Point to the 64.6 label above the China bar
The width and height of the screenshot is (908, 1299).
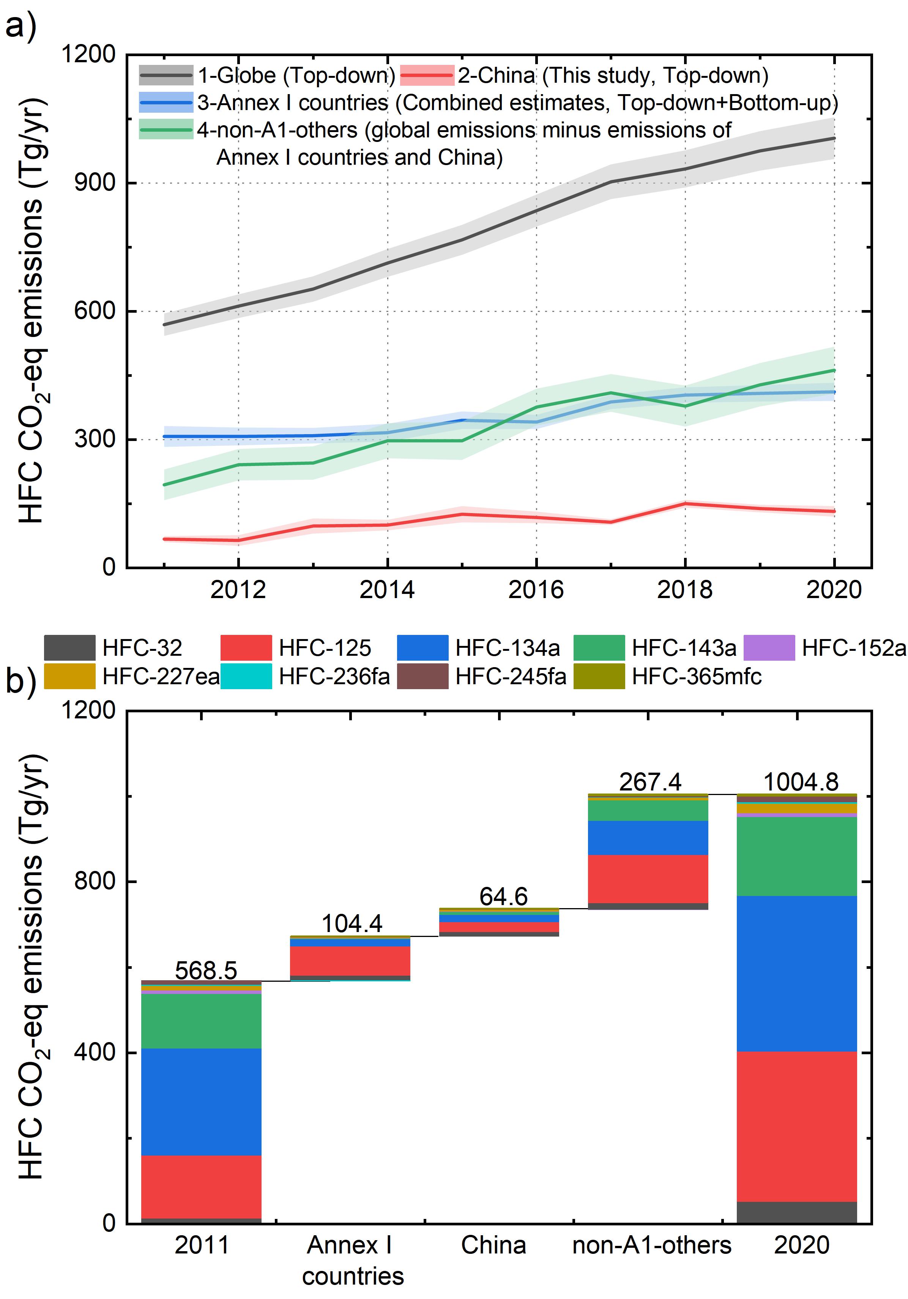[x=503, y=897]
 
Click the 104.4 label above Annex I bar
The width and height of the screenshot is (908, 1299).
[x=352, y=923]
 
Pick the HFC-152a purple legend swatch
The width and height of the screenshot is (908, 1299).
[x=769, y=648]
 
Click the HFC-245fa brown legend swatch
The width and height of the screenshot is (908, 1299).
[x=422, y=677]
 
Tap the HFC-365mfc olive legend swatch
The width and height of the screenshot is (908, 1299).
[x=599, y=677]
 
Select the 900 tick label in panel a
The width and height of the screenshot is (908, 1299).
[x=95, y=183]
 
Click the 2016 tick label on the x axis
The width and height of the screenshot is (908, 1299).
[x=536, y=590]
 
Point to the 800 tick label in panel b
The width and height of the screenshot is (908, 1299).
[x=95, y=882]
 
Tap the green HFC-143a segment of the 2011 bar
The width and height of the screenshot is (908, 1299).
[x=201, y=1021]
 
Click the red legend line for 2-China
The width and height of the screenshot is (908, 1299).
[x=427, y=75]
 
